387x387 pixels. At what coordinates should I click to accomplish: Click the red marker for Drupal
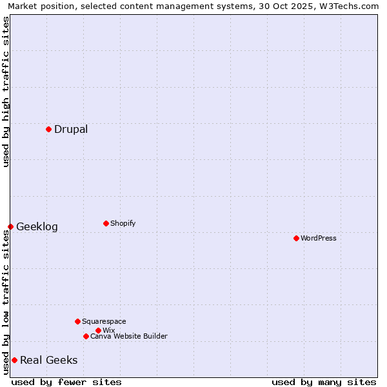pos(48,129)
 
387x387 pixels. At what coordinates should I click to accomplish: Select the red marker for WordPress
pos(296,238)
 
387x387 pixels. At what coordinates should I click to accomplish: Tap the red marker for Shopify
pos(106,223)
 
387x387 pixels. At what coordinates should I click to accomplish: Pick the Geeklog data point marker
pos(10,226)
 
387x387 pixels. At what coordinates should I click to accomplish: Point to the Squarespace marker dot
pos(77,321)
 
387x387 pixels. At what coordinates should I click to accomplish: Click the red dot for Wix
pos(98,330)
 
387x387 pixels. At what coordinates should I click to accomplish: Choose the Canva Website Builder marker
pos(86,336)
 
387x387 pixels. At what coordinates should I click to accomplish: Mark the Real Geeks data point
pos(14,360)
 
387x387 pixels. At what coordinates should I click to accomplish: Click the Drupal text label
pos(71,129)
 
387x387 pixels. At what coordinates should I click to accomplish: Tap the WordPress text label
pos(319,238)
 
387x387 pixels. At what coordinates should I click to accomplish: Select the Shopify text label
pos(123,223)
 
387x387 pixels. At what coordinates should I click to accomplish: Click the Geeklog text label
pos(37,226)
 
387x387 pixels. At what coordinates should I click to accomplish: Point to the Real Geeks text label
pos(48,360)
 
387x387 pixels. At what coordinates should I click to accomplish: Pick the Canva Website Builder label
pos(129,336)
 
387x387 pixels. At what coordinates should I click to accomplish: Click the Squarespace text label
pos(104,321)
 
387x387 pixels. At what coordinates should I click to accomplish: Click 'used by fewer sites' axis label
pos(66,382)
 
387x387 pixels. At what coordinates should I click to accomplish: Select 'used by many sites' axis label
pos(324,382)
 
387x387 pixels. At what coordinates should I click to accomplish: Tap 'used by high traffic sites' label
pos(6,92)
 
